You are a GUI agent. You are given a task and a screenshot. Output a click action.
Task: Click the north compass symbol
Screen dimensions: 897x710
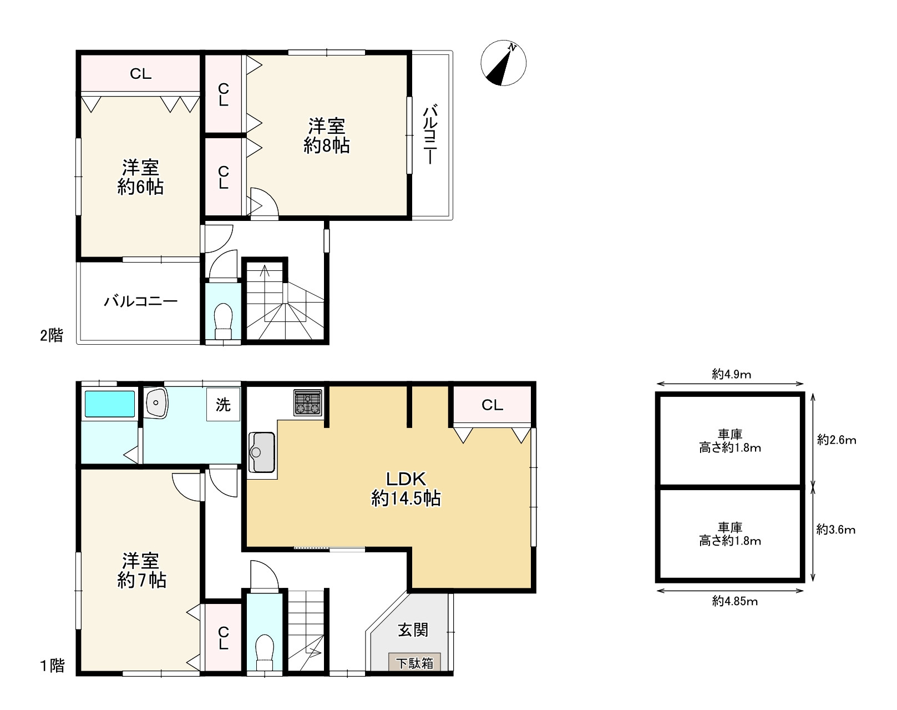coord(503,63)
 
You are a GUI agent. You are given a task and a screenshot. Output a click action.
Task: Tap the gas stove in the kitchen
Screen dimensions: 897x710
coord(308,403)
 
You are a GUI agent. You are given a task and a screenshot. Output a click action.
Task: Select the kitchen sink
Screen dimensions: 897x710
coord(262,452)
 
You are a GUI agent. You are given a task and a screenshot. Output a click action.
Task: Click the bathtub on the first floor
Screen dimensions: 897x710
coord(110,404)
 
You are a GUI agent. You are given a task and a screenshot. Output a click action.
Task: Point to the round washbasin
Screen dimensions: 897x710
coord(156,402)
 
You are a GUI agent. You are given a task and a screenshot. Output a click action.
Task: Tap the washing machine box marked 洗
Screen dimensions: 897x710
coord(224,404)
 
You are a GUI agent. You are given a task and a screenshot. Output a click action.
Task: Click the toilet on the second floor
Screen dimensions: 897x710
coord(224,321)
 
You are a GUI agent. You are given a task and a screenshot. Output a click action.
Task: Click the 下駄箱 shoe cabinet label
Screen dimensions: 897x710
coord(414,663)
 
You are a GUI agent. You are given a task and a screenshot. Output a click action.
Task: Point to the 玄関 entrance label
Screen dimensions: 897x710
coord(413,630)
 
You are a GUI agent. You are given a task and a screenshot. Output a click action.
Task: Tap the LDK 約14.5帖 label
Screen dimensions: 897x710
coord(406,489)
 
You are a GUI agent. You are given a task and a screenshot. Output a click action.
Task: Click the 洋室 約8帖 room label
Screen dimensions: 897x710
coord(327,136)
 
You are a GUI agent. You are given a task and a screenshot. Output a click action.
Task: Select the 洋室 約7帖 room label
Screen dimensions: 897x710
coord(141,571)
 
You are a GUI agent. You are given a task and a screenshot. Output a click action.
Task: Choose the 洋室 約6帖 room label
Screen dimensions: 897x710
coord(140,177)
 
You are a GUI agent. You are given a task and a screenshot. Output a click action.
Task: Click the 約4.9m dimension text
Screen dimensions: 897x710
coord(732,374)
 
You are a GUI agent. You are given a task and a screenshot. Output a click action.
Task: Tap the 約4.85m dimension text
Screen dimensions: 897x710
coord(735,601)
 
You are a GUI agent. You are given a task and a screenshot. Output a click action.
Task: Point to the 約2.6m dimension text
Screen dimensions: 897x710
coord(837,440)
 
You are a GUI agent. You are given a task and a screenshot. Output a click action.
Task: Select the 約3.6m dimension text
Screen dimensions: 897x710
coord(836,530)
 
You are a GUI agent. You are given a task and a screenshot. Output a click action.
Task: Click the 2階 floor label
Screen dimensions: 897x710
coord(51,335)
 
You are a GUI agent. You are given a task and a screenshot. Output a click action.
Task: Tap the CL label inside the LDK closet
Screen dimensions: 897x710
coord(492,405)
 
